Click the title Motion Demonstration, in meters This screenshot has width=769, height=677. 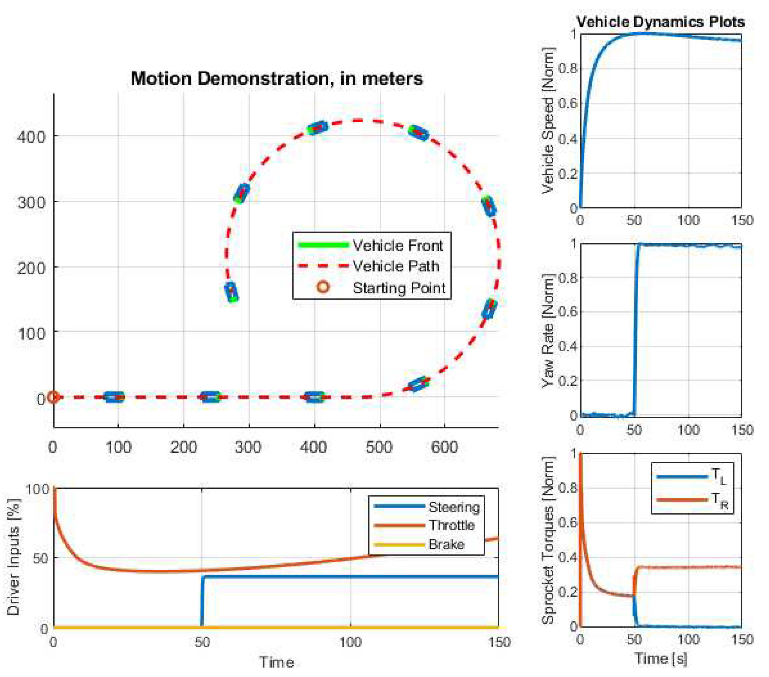point(277,79)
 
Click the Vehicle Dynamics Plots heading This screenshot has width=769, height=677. point(660,22)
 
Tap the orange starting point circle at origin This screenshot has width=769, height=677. point(53,397)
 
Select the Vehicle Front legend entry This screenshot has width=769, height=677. point(397,246)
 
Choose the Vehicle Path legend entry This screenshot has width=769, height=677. point(395,266)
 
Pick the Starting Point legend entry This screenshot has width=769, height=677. point(399,288)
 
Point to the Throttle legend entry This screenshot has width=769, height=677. point(451,525)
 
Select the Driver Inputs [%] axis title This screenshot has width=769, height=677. point(13,557)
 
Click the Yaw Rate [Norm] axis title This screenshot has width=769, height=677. point(548,330)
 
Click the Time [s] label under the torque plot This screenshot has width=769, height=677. point(660,658)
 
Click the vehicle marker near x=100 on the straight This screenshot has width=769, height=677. point(114,397)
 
